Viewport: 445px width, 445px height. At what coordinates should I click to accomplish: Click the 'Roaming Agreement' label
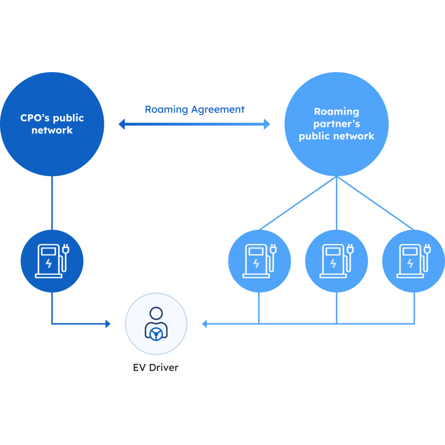[x=195, y=110]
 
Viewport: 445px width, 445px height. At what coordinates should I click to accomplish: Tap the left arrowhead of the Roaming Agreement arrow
[x=121, y=124]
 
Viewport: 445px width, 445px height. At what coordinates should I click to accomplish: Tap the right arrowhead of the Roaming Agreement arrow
[x=267, y=124]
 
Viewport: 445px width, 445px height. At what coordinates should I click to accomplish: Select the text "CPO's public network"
[x=52, y=124]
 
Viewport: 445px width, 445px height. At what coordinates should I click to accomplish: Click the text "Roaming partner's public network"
[x=336, y=124]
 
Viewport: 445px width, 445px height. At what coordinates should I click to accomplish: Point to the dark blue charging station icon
[x=52, y=261]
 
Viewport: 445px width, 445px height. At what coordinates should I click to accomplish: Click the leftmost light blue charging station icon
[x=259, y=261]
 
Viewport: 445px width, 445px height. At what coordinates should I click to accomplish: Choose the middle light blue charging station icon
[x=336, y=261]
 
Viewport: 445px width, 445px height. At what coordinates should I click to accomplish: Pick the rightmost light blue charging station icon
[x=413, y=261]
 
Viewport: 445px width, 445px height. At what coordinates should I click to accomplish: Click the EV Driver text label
[x=156, y=367]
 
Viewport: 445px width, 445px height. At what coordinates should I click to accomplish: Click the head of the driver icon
[x=156, y=313]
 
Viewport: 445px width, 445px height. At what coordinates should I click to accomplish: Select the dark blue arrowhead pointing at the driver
[x=108, y=324]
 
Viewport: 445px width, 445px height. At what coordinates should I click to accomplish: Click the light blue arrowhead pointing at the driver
[x=204, y=324]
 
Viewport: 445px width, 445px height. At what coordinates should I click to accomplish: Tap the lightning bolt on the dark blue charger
[x=49, y=263]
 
